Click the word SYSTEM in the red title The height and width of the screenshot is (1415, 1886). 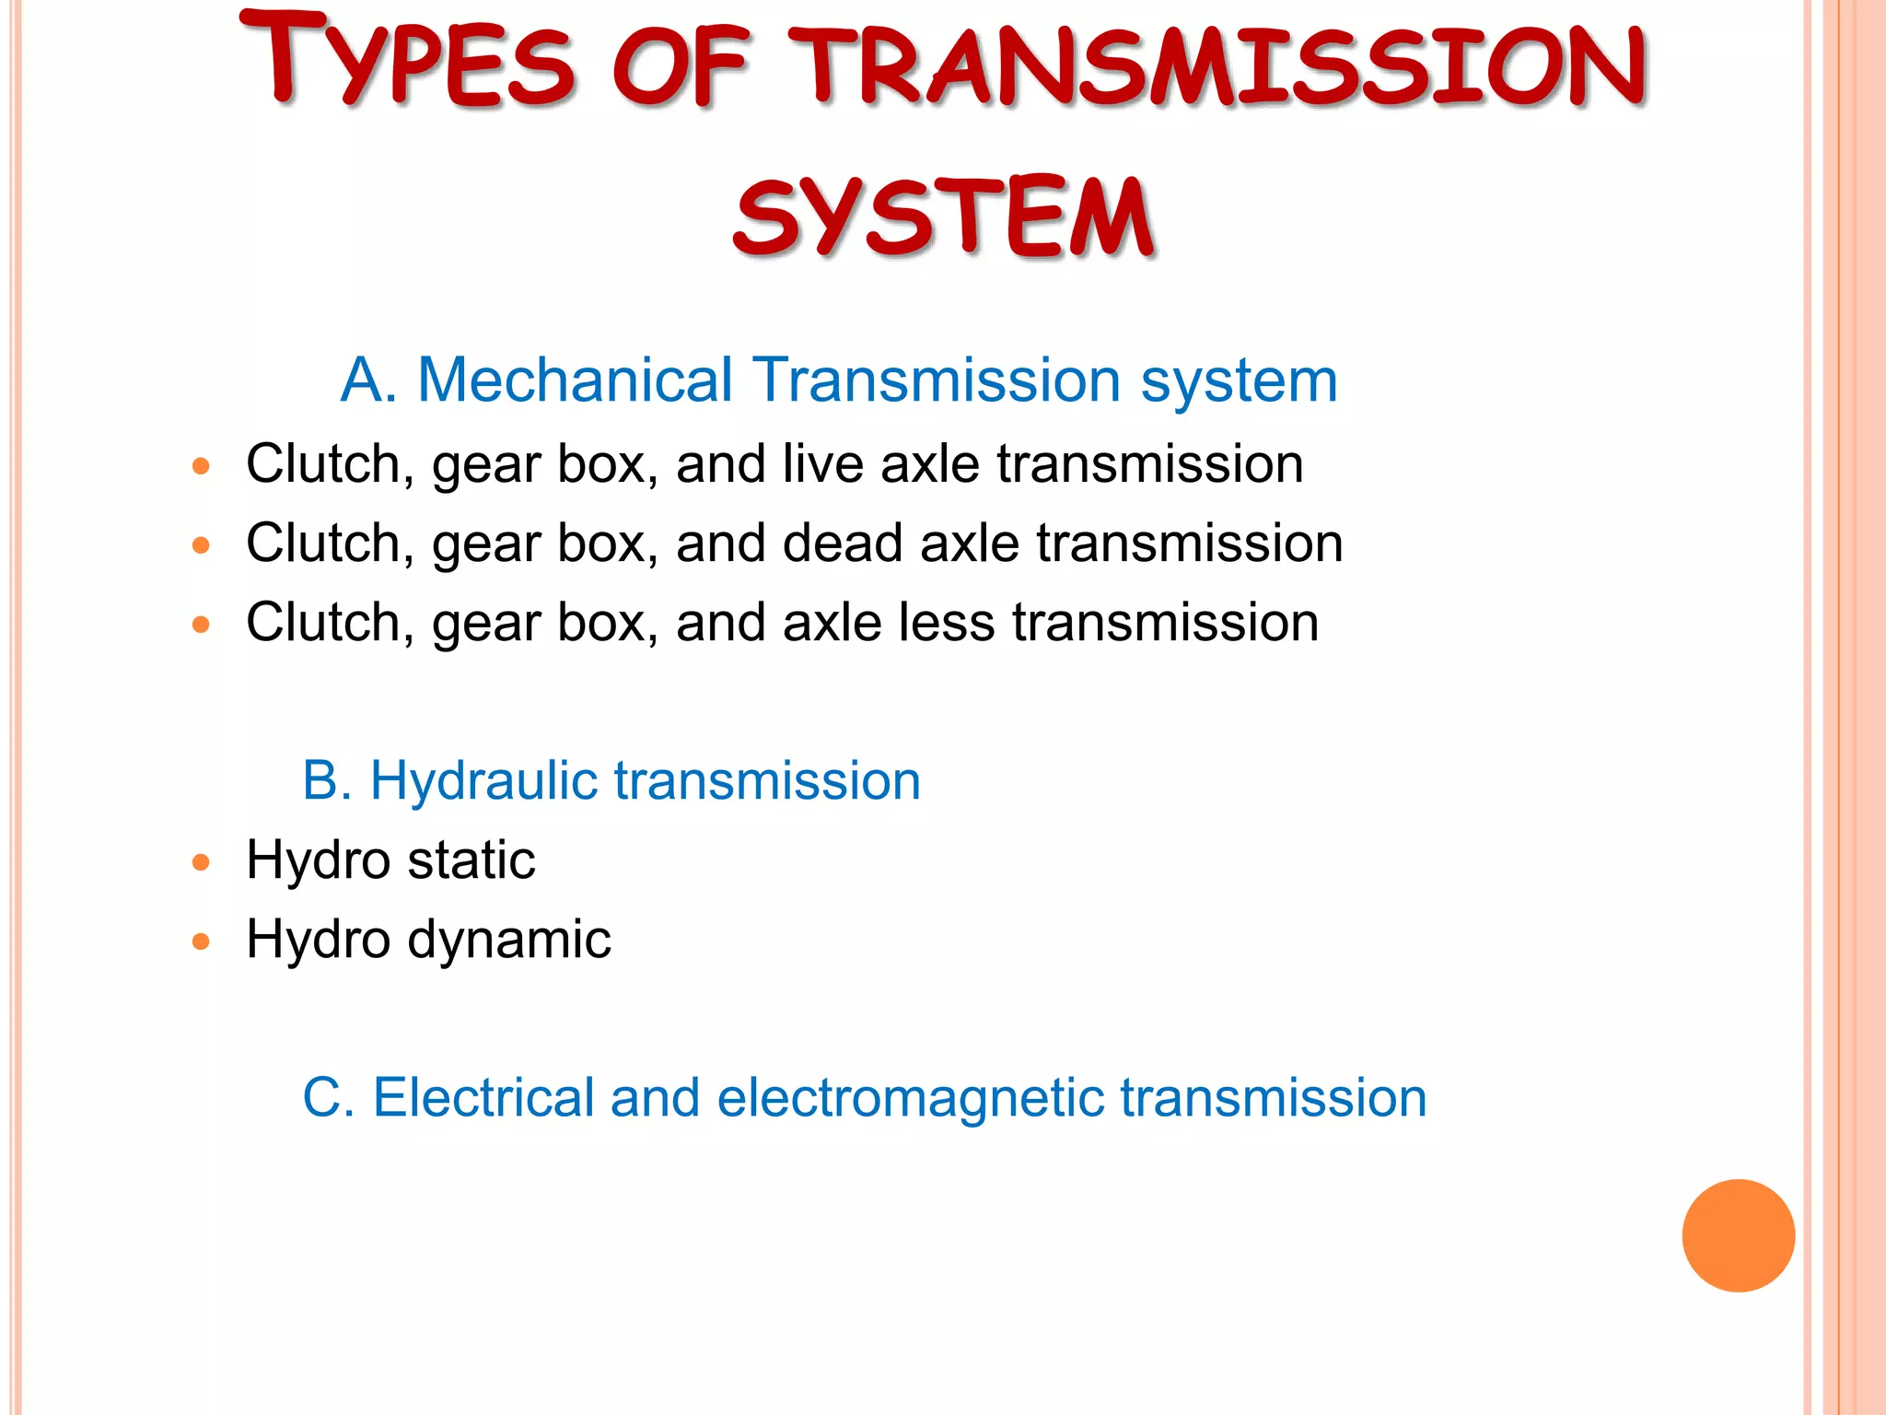click(x=943, y=217)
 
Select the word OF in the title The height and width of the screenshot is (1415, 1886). click(x=681, y=66)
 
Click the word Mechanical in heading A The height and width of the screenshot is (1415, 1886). click(x=575, y=380)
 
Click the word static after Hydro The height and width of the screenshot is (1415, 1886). click(x=471, y=860)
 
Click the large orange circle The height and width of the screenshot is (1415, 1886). click(x=1738, y=1235)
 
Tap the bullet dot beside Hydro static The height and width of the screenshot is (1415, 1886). click(x=202, y=863)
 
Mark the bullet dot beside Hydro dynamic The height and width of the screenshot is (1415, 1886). click(x=202, y=941)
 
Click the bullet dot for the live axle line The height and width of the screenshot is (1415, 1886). click(x=202, y=466)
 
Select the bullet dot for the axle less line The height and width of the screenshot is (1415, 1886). click(x=202, y=625)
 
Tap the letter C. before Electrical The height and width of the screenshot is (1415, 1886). click(x=327, y=1098)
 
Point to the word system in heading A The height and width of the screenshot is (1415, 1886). click(x=1239, y=381)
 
